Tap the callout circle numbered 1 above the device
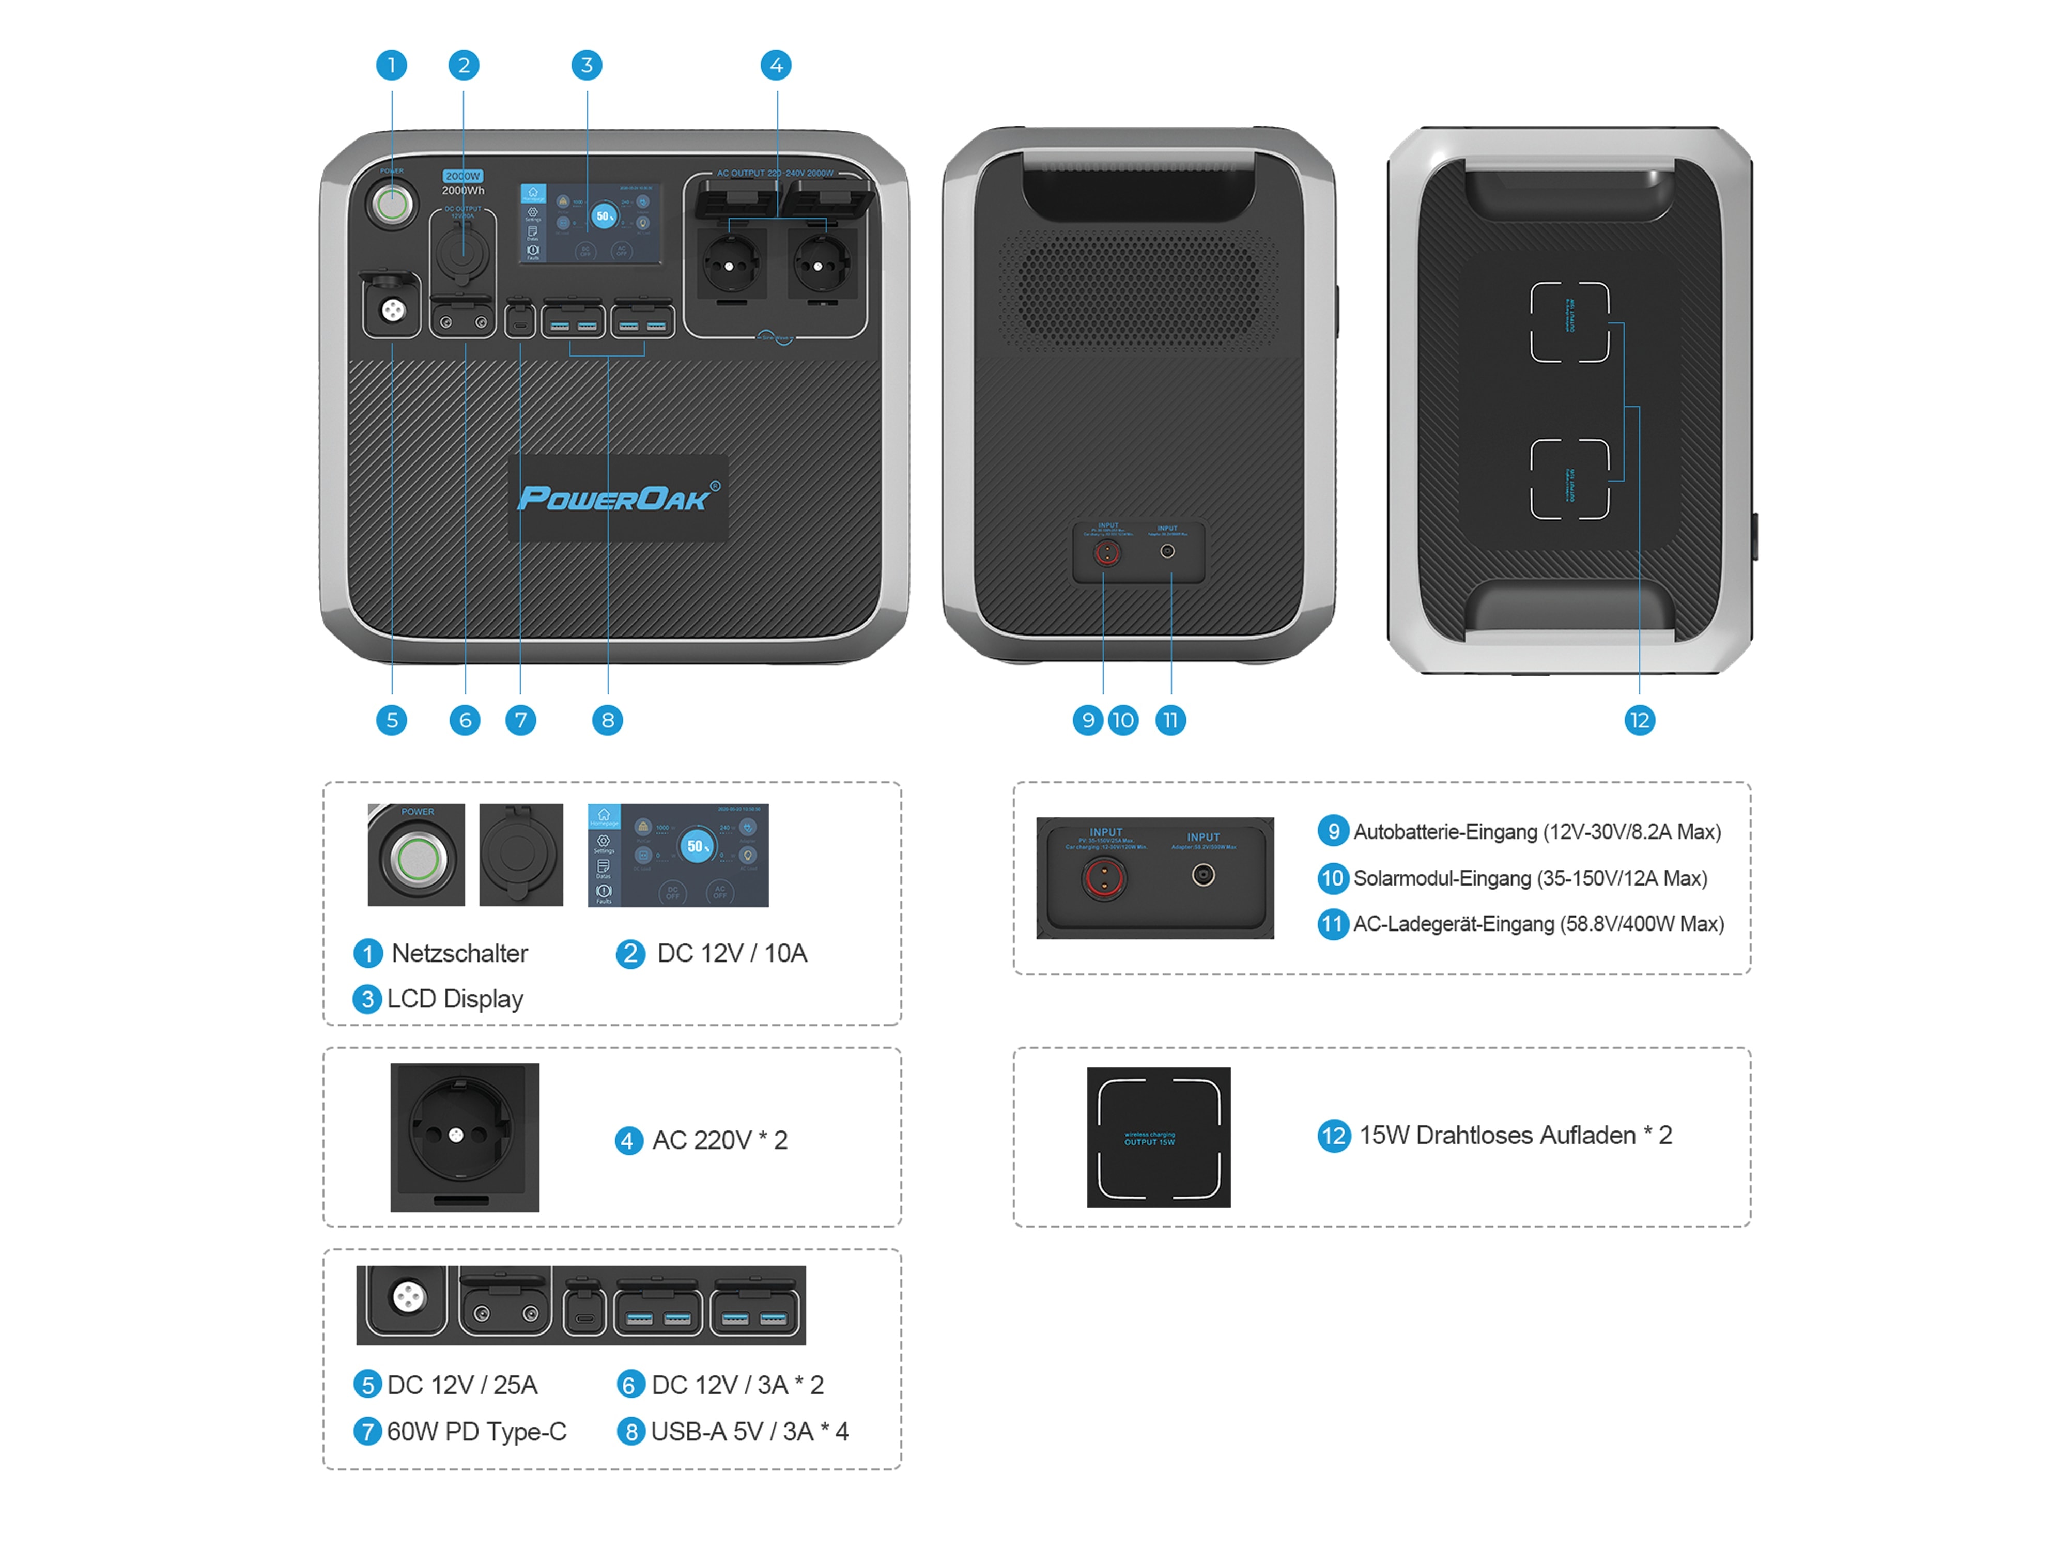click(392, 66)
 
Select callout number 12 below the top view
click(1639, 720)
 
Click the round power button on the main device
click(392, 204)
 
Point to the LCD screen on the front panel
click(591, 222)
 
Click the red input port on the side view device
click(1106, 553)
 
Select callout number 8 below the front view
click(607, 720)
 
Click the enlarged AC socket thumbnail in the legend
click(465, 1137)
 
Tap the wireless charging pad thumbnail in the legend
click(1158, 1137)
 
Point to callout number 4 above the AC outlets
click(776, 66)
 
